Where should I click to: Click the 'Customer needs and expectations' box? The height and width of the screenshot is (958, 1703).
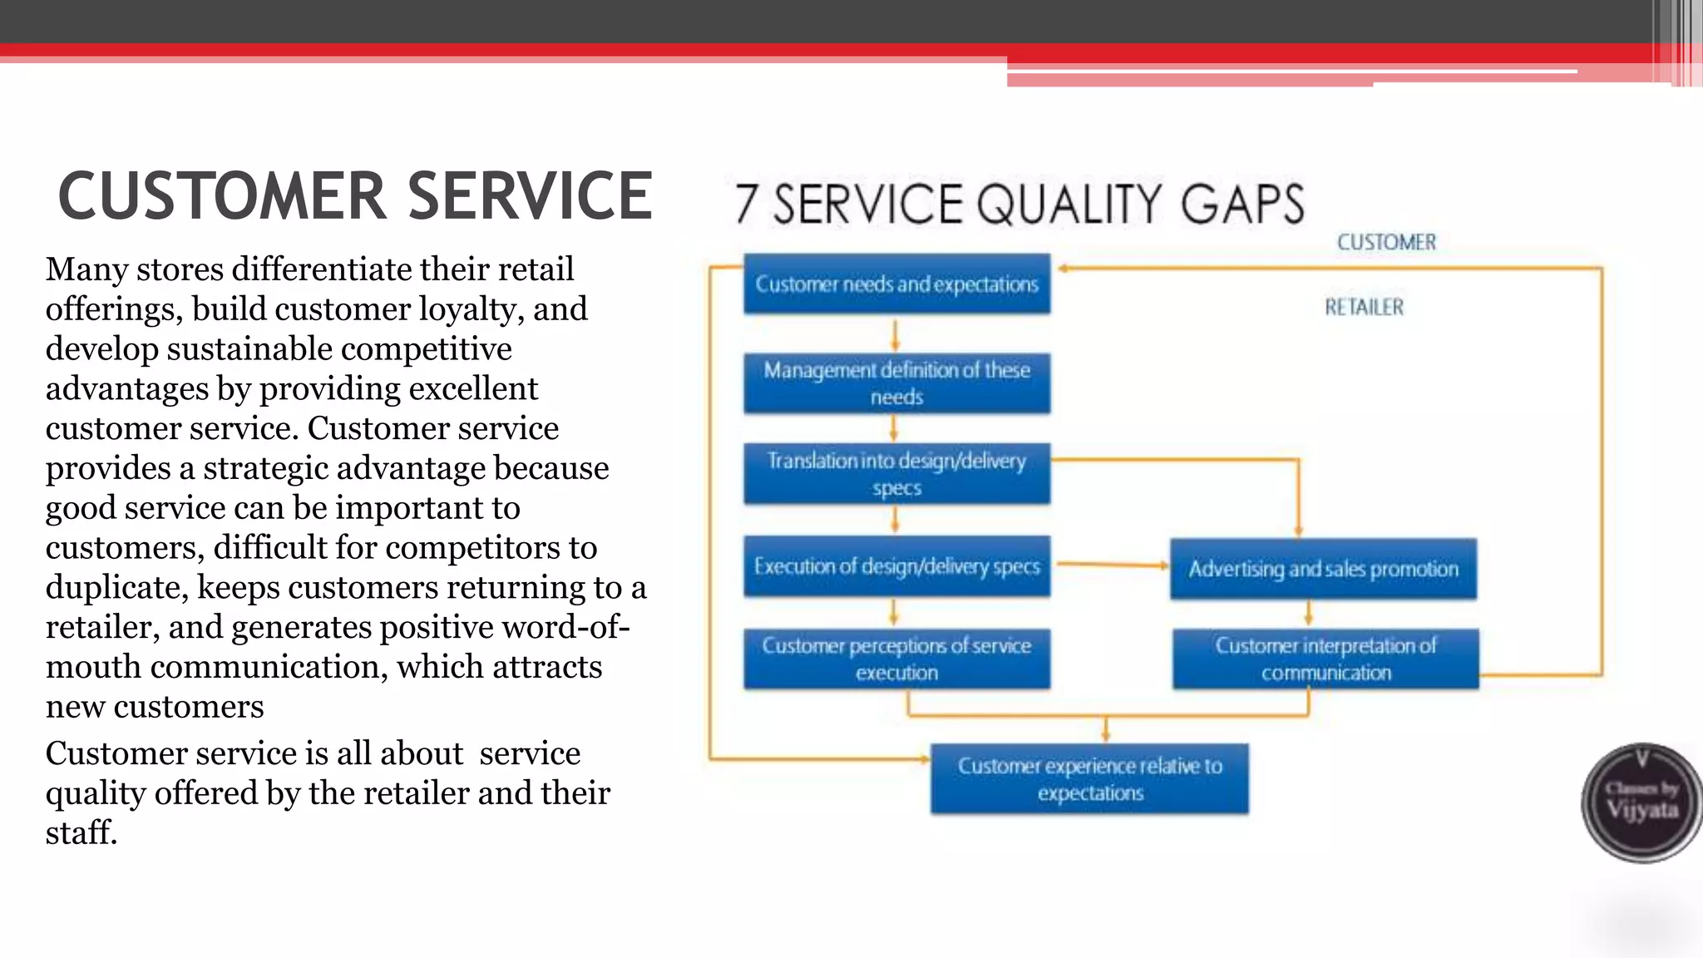[x=896, y=284]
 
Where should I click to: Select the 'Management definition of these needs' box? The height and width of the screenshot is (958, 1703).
[x=896, y=383]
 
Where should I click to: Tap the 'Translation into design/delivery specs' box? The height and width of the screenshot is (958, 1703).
[x=896, y=474]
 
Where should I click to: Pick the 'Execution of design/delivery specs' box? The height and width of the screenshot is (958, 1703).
[x=896, y=566]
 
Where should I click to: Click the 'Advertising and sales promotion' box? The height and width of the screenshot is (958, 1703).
[x=1323, y=569]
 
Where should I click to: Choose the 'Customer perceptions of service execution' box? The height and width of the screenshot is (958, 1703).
[x=896, y=659]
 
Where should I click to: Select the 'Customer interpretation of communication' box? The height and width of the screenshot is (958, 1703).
[x=1325, y=659]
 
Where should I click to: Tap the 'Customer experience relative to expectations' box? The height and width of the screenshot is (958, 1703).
[x=1089, y=778]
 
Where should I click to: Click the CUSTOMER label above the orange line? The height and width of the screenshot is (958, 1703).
[x=1386, y=242]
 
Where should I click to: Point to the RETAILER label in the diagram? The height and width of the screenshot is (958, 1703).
[x=1364, y=307]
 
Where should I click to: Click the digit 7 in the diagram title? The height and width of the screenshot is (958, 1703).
[x=746, y=205]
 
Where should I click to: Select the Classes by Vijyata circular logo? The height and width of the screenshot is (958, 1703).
[x=1641, y=802]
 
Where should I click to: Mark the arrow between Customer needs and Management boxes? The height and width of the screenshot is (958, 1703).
[x=895, y=335]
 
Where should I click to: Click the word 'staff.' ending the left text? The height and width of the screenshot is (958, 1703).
[x=81, y=832]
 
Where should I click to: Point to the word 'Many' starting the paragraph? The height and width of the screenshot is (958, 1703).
[x=86, y=269]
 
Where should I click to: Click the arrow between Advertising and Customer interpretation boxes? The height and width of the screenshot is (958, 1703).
[x=1308, y=614]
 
